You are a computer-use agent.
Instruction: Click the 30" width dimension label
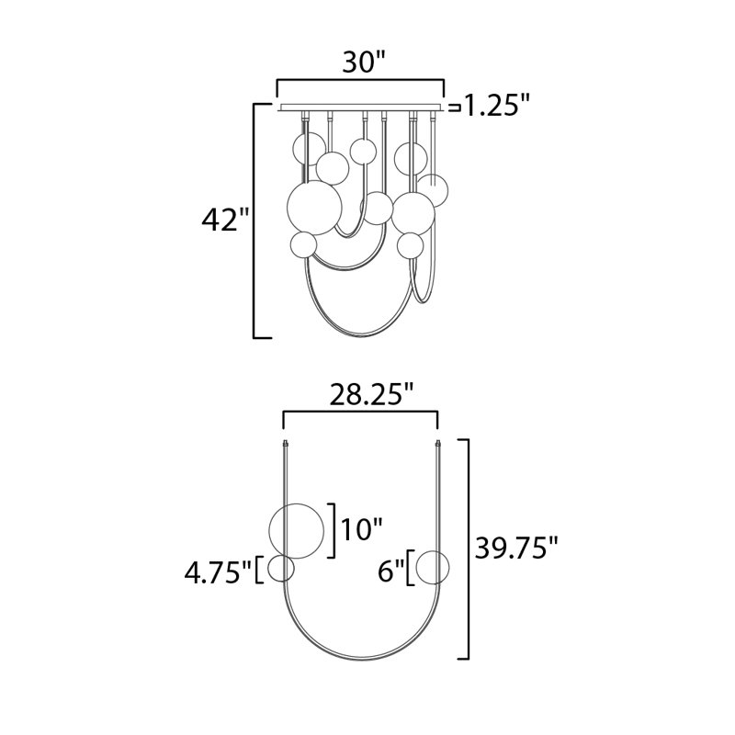[x=364, y=62]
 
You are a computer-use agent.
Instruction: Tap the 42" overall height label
[x=224, y=220]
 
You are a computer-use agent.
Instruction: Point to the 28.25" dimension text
[x=372, y=395]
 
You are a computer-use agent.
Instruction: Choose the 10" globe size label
[x=362, y=529]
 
